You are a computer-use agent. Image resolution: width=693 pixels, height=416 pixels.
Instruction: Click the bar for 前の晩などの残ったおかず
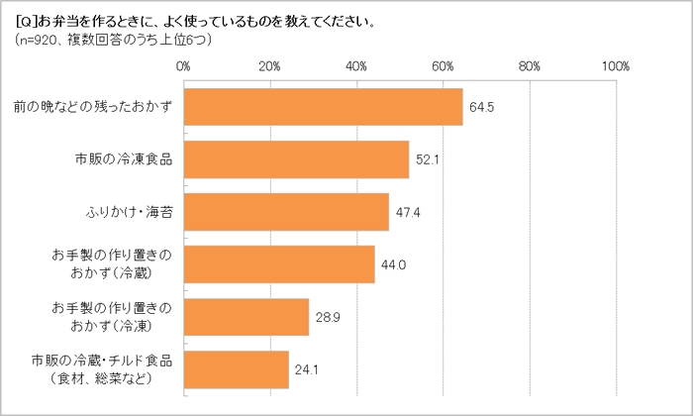coord(323,107)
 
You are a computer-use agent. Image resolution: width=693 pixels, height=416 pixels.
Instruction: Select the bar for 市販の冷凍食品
coord(296,159)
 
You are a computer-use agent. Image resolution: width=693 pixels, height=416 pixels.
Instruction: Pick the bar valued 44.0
coord(278,263)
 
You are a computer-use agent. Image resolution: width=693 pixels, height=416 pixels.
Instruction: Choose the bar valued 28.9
coord(246,316)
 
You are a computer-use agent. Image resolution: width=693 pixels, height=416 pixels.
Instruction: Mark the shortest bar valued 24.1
coord(236,368)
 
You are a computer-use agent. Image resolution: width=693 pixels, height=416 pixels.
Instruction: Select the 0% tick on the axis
coord(183,66)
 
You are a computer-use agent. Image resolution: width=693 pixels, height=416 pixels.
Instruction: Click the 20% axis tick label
coord(269,66)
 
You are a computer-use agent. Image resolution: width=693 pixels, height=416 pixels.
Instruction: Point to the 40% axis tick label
coord(356,66)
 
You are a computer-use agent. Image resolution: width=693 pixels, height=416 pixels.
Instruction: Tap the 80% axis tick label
coord(529,66)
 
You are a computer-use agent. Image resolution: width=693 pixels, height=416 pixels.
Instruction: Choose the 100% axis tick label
coord(615,66)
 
